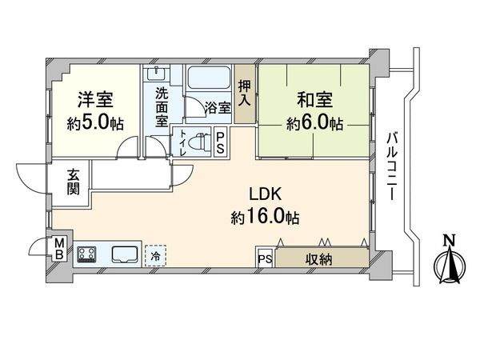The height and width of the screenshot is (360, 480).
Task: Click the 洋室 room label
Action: pos(94,100)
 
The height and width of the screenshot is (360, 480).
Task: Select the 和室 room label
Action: pos(316,100)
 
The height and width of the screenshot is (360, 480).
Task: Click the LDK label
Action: pos(265,193)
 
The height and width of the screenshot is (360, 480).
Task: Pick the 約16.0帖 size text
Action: pos(265,216)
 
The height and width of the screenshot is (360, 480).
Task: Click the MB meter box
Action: pos(58,250)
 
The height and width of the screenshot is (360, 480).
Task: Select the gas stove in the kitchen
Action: pos(86,256)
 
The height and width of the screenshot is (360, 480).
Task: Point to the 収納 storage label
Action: pos(321,258)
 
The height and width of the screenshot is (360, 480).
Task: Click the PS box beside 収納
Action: pos(265,258)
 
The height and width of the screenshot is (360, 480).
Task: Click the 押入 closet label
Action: pos(245,93)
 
